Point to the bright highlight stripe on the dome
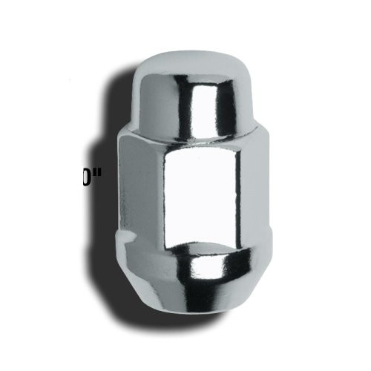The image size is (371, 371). [x=197, y=100]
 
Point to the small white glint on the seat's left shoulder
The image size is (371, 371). [x=130, y=237]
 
